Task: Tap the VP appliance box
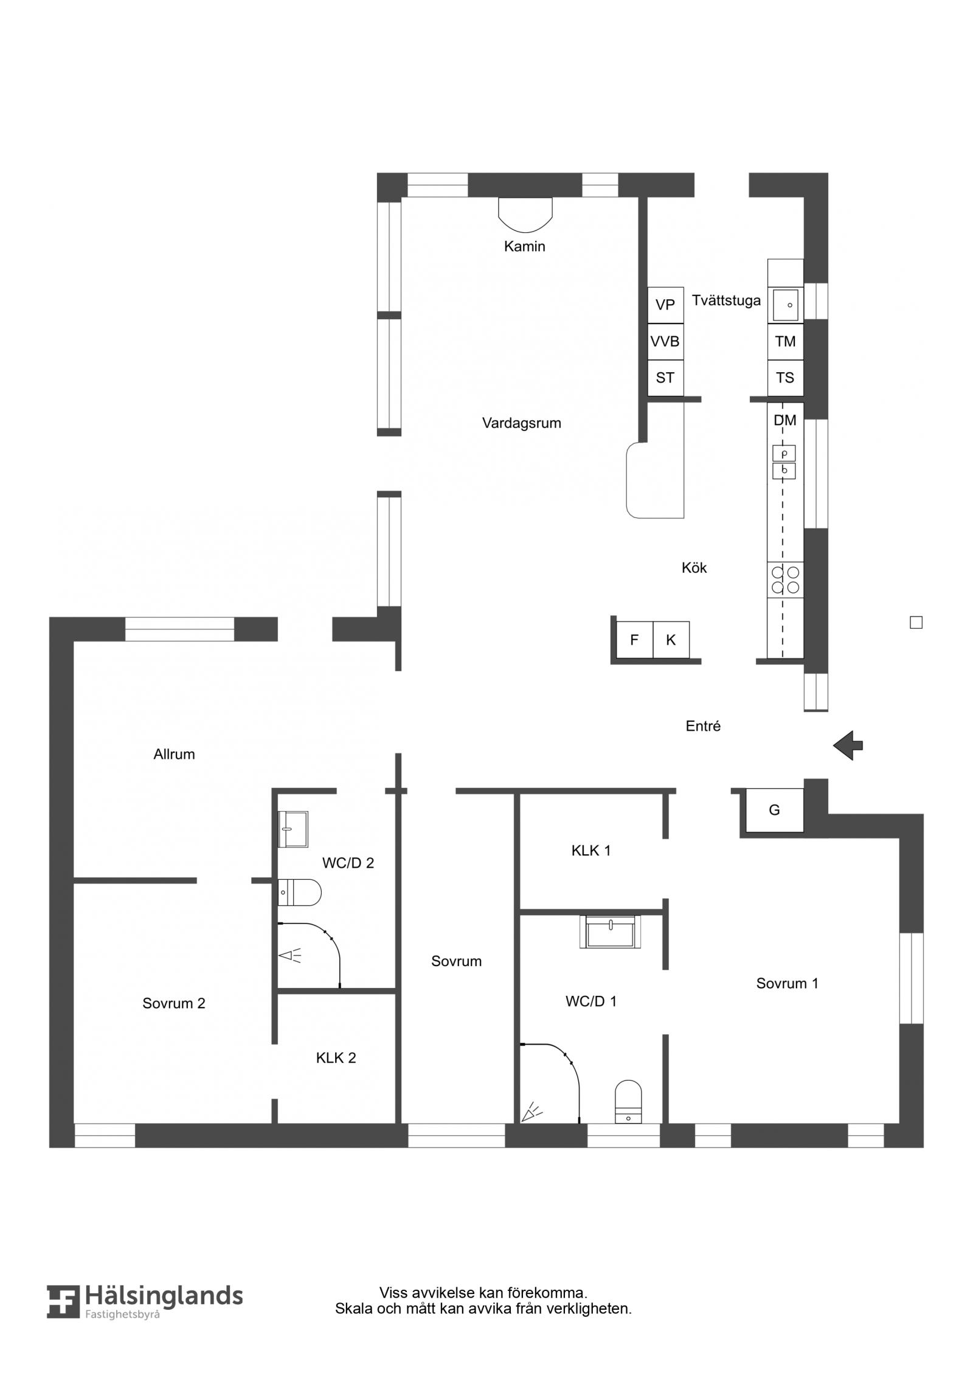click(x=665, y=305)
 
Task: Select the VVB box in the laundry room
click(x=665, y=342)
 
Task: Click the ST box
click(x=665, y=378)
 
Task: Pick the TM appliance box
click(x=785, y=342)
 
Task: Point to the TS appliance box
click(x=785, y=378)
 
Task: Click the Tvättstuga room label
click(x=726, y=300)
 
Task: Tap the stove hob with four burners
click(x=785, y=579)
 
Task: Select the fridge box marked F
click(x=634, y=640)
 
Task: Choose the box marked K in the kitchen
click(x=671, y=640)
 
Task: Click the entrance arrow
click(x=848, y=745)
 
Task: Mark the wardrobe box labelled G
click(x=775, y=810)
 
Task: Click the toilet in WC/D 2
click(x=299, y=893)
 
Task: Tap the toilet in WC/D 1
click(x=628, y=1102)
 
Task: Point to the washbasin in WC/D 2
click(x=293, y=829)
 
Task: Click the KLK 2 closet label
click(x=336, y=1058)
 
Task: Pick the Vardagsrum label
click(x=522, y=423)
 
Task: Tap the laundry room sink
click(x=786, y=305)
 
